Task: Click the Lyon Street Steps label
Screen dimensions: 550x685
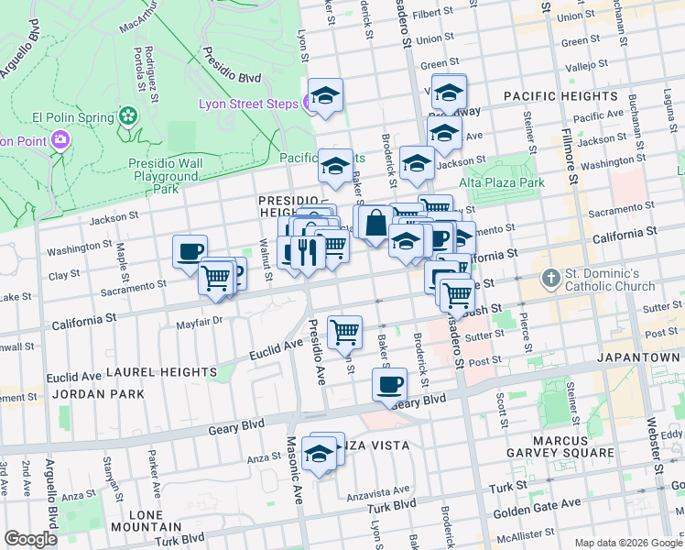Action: click(248, 104)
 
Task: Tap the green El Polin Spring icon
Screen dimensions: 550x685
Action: click(127, 116)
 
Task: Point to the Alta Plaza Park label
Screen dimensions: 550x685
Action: click(506, 182)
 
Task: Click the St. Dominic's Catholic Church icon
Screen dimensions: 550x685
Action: click(549, 277)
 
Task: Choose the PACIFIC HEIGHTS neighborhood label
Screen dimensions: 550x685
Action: click(560, 96)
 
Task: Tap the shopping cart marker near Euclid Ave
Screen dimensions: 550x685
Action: click(345, 331)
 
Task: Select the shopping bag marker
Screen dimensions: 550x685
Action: click(375, 222)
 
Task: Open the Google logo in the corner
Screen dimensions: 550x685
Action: click(31, 538)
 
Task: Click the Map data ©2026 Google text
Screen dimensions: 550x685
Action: click(627, 543)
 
